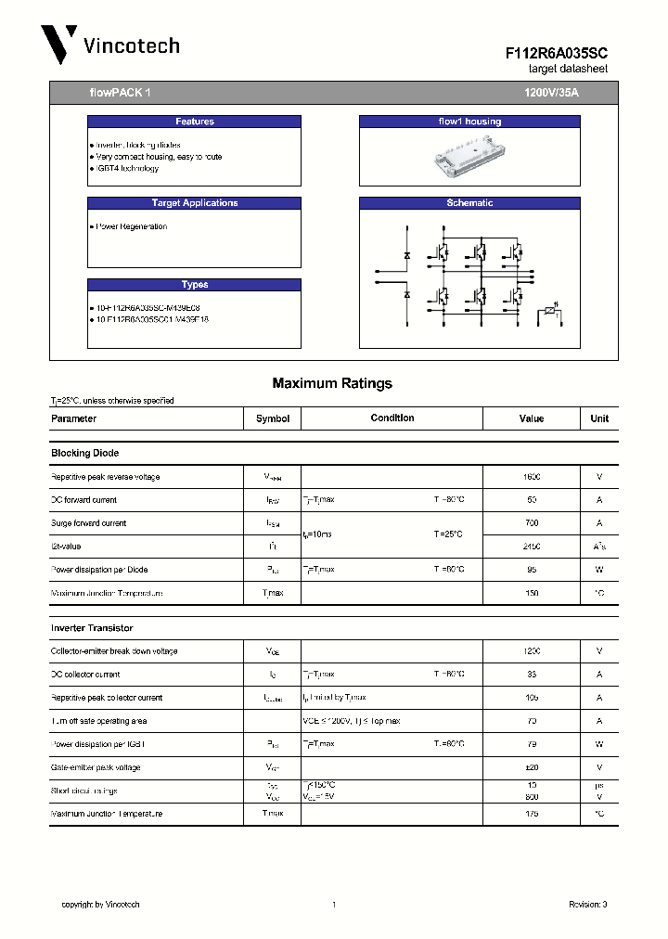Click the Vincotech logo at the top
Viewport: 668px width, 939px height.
109,45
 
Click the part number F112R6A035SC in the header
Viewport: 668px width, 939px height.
557,55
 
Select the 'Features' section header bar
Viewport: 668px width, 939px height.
194,122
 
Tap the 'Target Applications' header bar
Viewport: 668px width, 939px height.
194,203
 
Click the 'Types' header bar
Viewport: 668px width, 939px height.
194,285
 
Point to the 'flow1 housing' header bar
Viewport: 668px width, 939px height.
469,122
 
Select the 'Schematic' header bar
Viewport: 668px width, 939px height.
469,203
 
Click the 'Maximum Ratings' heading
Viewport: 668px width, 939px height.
332,383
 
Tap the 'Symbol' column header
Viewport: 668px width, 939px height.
273,418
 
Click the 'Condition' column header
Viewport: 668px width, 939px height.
392,418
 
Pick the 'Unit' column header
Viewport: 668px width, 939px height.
599,418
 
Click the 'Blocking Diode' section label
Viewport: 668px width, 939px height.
84,453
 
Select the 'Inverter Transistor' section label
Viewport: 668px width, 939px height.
91,628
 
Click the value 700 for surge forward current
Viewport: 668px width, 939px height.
532,523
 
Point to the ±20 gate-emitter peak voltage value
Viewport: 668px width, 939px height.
532,767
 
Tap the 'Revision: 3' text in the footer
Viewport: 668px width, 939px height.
587,905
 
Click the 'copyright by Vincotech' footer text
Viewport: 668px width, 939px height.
100,905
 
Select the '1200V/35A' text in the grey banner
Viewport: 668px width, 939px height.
551,93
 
